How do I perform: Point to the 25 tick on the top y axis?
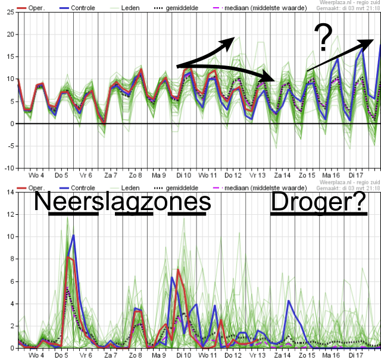(10, 12)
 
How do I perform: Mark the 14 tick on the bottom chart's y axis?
(10, 192)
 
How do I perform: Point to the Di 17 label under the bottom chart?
(355, 355)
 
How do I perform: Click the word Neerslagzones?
(122, 202)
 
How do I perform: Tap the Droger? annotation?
(318, 202)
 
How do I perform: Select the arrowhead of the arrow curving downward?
(270, 79)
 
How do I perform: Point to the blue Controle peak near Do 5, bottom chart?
(73, 236)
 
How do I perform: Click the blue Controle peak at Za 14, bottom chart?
(289, 301)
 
